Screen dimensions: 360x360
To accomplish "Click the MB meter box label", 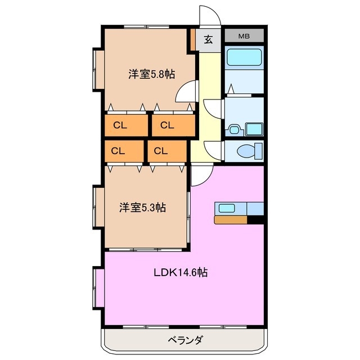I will coord(244,37).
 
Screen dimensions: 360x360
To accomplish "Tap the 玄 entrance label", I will coord(208,39).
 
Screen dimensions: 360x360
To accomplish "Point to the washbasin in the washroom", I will coord(254,129).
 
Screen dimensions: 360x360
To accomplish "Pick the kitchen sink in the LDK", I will coord(228,208).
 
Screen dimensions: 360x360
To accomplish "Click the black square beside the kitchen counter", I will coord(256,220).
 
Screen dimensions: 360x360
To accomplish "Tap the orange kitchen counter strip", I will coord(231,220).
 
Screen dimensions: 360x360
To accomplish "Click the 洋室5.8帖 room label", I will coord(150,74).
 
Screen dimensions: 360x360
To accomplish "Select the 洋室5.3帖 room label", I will coord(142,208).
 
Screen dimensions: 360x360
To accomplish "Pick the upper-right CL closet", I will coord(167,125).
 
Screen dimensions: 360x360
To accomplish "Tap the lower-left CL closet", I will coord(118,151).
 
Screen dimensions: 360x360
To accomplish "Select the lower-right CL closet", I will coord(161,151).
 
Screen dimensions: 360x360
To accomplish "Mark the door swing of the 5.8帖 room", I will coord(187,89).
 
